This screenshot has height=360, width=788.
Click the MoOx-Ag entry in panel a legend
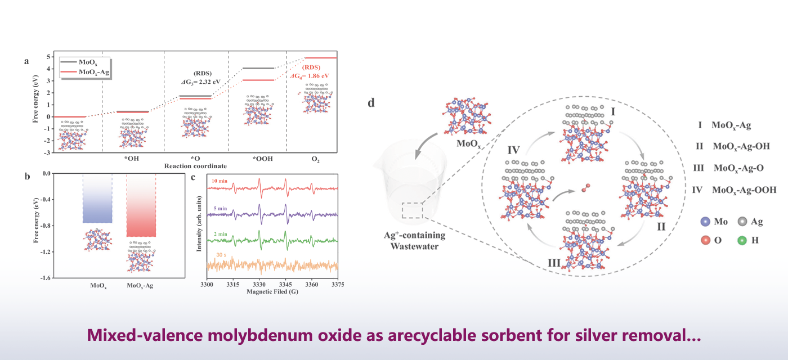pos(94,72)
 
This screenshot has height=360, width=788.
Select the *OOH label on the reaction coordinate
pos(262,159)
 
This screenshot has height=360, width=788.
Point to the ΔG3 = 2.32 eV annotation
pos(201,82)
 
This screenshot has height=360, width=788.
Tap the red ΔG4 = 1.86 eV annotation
pos(310,76)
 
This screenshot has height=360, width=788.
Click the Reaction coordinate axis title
pos(196,166)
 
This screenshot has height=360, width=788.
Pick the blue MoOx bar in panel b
pos(97,198)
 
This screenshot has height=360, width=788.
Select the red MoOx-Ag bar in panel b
pos(141,205)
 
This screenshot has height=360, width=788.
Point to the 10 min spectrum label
pos(220,181)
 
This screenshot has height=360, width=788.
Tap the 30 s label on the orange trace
pos(221,255)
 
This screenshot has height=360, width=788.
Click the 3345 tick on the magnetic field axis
pos(285,285)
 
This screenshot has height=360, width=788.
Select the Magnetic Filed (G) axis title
pos(272,291)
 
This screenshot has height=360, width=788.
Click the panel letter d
pos(371,103)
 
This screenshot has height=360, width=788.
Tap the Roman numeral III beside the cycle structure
pos(554,263)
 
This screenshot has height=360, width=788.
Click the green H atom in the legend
pos(742,241)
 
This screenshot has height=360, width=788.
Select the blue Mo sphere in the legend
pos(705,222)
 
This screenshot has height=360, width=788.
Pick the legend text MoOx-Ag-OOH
pos(744,190)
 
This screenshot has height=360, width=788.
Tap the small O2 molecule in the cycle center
pos(586,188)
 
